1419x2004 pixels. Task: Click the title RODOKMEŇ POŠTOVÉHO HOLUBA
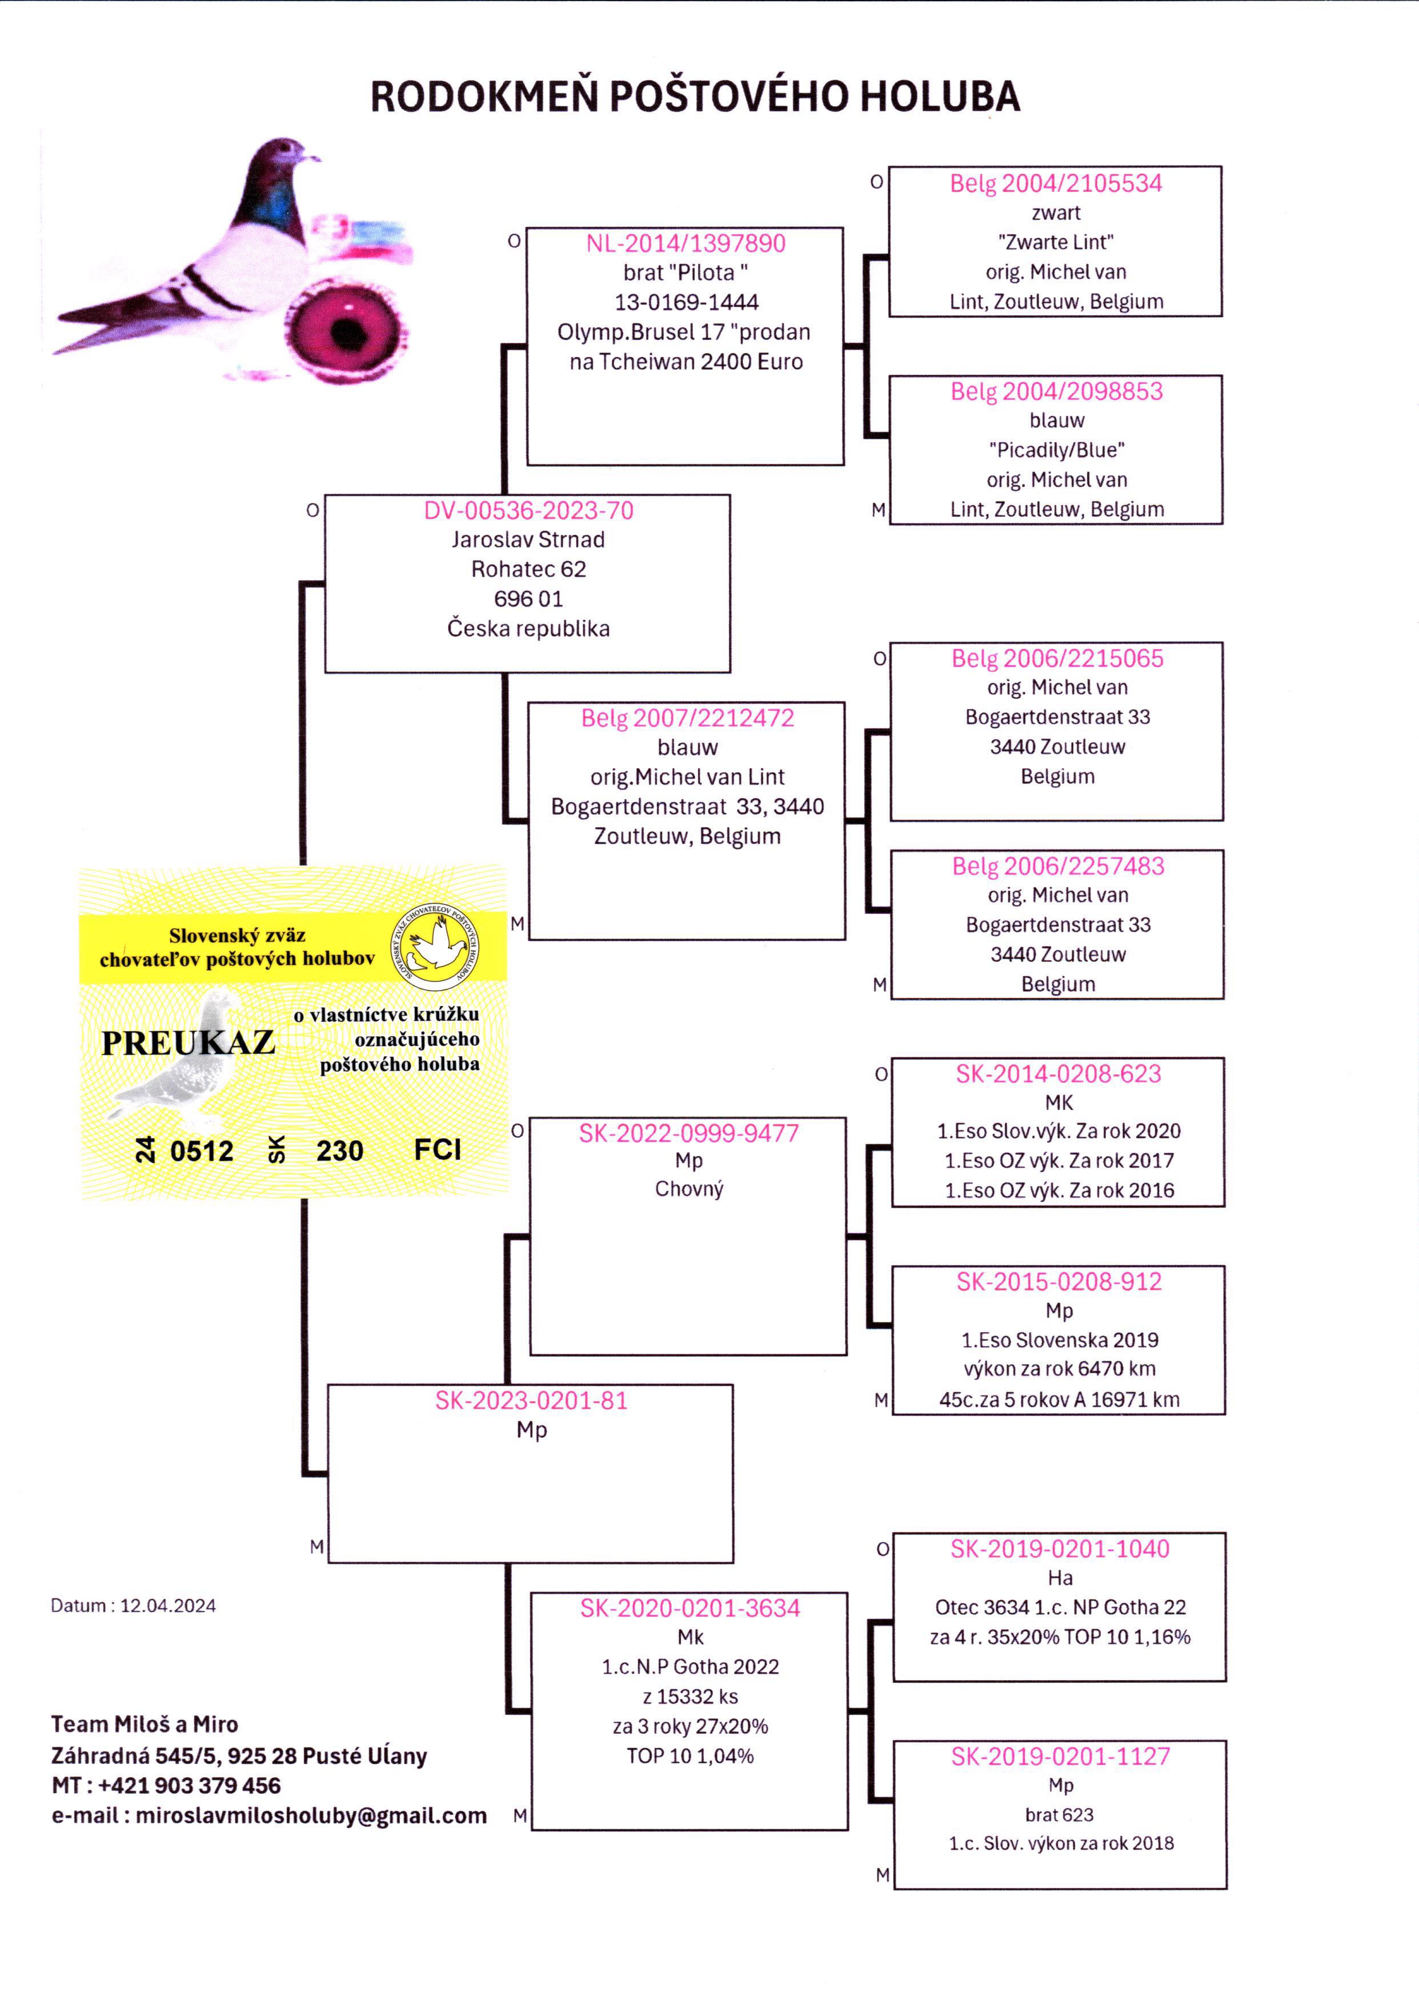(696, 96)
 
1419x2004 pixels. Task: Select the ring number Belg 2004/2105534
(1056, 183)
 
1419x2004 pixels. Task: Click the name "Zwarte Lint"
(1056, 242)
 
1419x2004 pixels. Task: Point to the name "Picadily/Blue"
(1056, 450)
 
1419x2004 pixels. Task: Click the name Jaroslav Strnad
(528, 539)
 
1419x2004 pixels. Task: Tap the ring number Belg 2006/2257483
(1057, 865)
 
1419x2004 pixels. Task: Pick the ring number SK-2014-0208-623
(1058, 1073)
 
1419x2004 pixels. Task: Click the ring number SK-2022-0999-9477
(688, 1133)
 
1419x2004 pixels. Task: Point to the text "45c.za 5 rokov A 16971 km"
(1059, 1400)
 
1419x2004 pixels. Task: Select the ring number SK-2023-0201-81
(531, 1400)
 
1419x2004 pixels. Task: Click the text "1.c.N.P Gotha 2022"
(690, 1667)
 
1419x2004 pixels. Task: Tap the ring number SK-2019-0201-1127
(1060, 1756)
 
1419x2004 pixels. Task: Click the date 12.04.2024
(168, 1606)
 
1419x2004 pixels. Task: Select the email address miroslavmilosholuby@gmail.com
(310, 1815)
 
